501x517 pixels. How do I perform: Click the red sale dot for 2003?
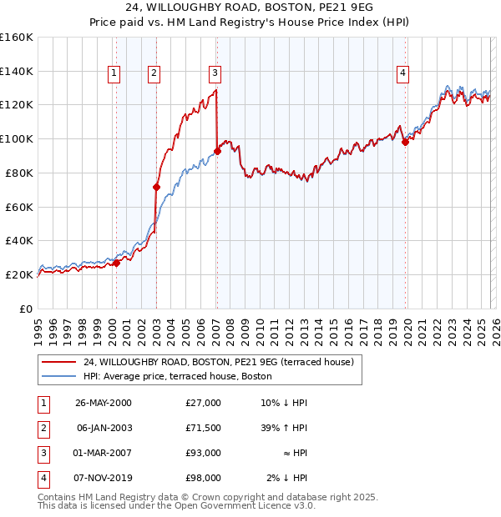[156, 187]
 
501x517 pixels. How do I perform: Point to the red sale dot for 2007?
[217, 151]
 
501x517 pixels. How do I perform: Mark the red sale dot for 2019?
[405, 142]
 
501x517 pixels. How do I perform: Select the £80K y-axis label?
[18, 173]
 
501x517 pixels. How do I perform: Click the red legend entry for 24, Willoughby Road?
[219, 362]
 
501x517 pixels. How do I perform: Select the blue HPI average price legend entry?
[177, 376]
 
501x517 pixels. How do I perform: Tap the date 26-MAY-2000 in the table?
[104, 403]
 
